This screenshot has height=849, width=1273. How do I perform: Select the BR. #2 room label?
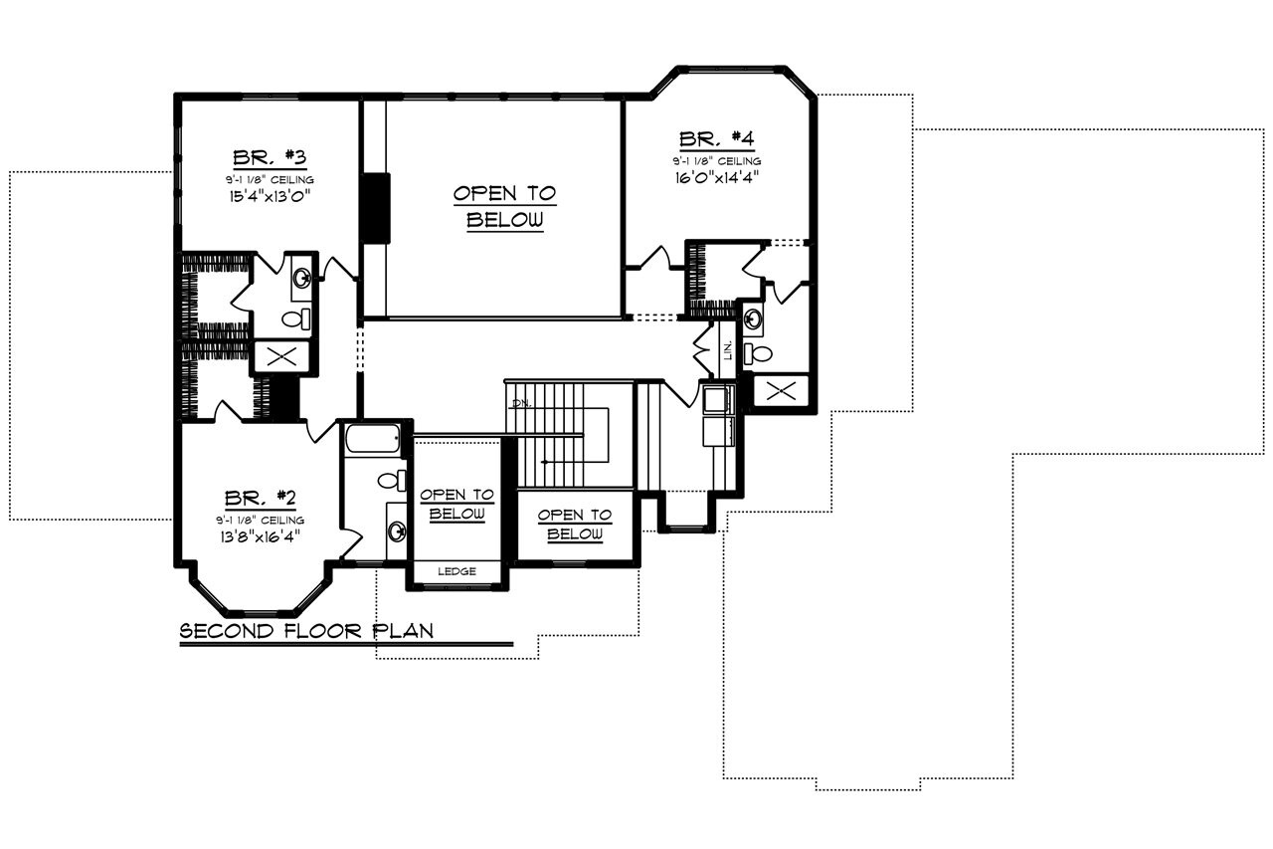[x=258, y=498]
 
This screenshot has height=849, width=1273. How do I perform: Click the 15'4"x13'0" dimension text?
[x=269, y=196]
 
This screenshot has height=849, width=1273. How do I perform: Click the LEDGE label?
[x=455, y=571]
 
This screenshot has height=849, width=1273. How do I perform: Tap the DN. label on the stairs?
[x=519, y=403]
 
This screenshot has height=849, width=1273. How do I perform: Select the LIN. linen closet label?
[x=729, y=348]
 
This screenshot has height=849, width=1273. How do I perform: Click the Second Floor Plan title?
[x=305, y=631]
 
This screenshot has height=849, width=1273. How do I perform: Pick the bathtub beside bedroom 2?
[x=371, y=437]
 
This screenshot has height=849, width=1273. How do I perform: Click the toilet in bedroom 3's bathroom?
[x=296, y=319]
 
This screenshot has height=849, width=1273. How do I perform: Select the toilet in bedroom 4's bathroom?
[x=761, y=352]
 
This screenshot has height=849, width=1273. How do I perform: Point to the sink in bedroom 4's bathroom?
[x=754, y=318]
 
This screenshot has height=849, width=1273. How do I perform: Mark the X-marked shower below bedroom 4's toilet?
[x=781, y=391]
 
